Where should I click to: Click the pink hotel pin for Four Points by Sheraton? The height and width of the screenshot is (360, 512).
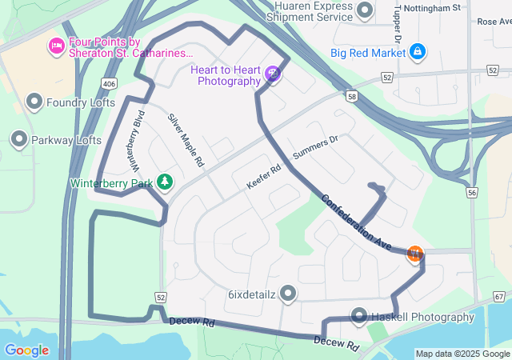56,46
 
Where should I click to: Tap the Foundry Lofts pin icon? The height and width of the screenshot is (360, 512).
34,102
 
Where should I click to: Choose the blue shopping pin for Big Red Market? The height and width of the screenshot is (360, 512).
417,53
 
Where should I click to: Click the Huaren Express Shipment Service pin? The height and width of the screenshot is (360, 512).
366,10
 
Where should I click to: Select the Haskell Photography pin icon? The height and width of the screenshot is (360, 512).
358,317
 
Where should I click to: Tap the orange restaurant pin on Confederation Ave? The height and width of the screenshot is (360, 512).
414,254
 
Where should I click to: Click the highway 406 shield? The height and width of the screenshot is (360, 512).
109,82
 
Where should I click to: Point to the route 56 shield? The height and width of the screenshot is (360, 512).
472,193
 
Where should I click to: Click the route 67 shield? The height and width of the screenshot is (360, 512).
500,297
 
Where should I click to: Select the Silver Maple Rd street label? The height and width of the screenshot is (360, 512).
186,140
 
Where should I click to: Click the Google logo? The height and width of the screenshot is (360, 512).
26,350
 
